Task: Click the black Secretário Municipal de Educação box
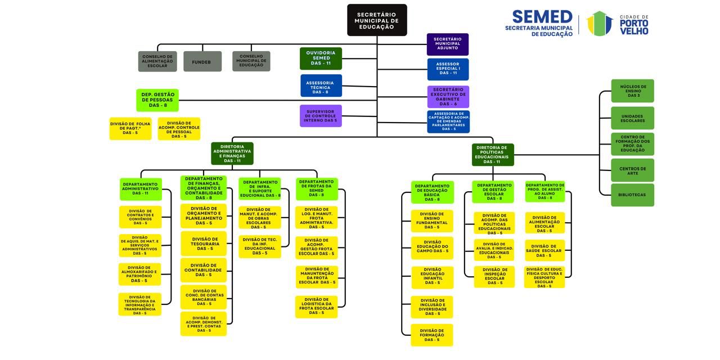376,20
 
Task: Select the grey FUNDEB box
202,61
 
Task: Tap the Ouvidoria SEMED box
321,58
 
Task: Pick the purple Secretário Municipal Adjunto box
447,44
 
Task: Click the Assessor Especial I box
448,69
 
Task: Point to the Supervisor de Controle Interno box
321,116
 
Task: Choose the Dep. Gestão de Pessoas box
157,100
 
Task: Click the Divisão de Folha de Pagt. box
130,128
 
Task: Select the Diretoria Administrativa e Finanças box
232,154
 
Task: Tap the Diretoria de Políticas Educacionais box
492,155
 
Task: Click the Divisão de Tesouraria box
204,244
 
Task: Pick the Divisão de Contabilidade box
204,270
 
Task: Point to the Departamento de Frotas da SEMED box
317,189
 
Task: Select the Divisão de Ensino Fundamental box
431,221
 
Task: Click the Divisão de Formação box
431,335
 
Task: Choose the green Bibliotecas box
632,195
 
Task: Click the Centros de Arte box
632,170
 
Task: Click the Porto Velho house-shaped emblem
599,24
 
